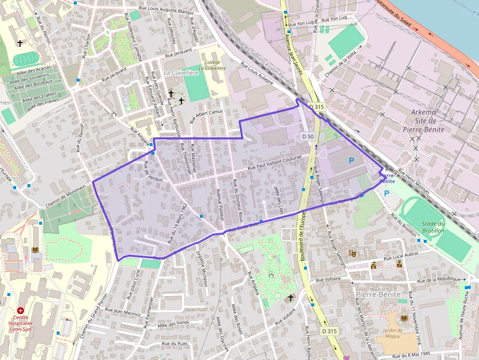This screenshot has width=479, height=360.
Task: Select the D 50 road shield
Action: coord(307,137)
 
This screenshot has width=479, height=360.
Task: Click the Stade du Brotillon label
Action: coord(433,227)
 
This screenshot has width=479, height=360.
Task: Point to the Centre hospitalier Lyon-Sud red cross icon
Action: coord(21,310)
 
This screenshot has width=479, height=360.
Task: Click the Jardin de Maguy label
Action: coord(390,333)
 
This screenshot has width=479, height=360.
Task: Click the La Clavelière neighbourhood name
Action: coord(181,73)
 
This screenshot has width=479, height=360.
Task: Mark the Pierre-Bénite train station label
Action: coord(386,178)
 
